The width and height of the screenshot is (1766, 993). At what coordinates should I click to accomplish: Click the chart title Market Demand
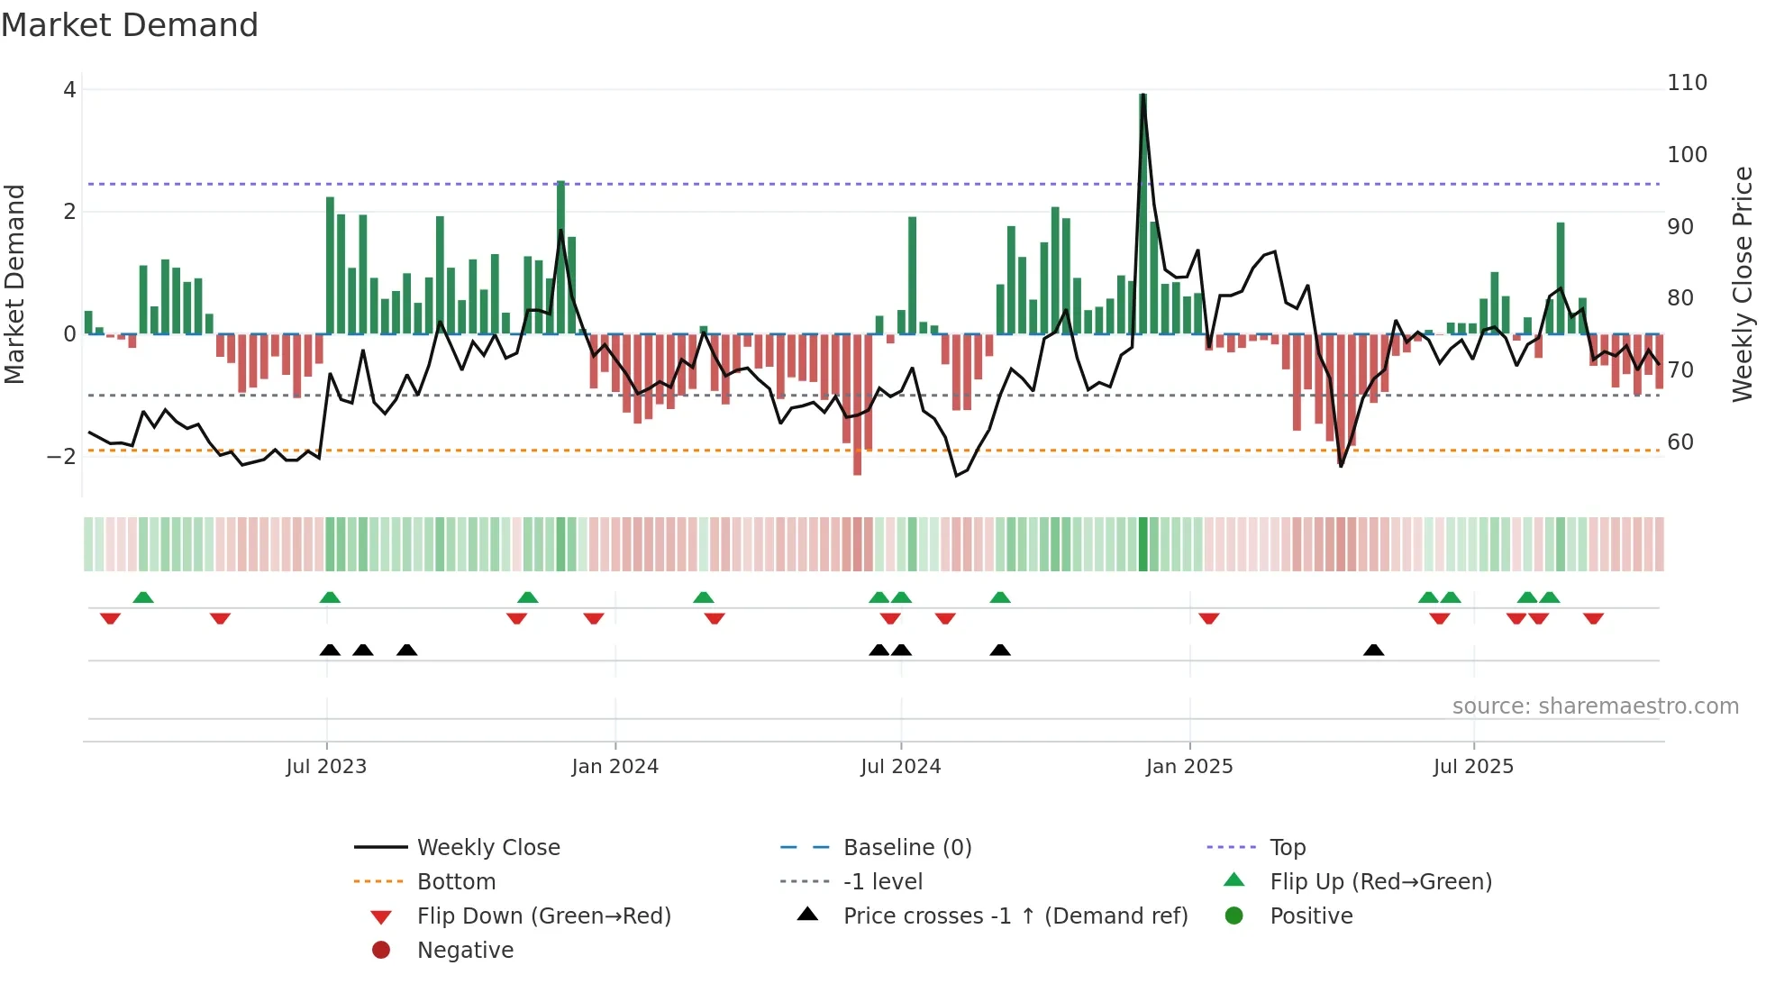tap(130, 25)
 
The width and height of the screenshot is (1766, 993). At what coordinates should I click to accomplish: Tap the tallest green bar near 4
tap(1142, 216)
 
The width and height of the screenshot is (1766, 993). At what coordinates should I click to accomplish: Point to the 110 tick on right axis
tap(1687, 83)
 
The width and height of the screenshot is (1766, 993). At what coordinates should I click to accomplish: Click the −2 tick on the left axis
tap(61, 457)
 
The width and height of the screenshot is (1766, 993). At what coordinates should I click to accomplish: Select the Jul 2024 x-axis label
tap(900, 767)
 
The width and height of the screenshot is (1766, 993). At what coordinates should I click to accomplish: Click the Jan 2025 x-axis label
tap(1188, 767)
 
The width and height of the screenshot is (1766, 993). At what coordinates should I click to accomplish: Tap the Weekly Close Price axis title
tap(1743, 284)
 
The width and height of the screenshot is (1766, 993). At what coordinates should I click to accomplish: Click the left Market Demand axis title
tap(14, 284)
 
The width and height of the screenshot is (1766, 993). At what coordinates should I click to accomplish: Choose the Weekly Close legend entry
tap(487, 848)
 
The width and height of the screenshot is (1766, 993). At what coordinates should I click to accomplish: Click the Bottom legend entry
tap(456, 882)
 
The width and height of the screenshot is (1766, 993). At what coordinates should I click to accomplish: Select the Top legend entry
tap(1287, 848)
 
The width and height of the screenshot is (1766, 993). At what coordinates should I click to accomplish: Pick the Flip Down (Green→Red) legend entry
tap(543, 916)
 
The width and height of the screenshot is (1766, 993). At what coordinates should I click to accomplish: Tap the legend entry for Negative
tap(465, 951)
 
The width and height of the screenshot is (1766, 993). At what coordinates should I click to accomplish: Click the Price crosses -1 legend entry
tap(1015, 916)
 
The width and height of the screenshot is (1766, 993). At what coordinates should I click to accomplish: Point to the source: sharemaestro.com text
tap(1595, 706)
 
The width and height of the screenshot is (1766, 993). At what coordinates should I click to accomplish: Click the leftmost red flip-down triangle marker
tap(110, 618)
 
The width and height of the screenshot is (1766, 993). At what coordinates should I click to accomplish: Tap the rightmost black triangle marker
tap(1373, 650)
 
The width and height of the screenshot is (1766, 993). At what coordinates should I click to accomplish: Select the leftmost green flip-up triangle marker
tap(143, 597)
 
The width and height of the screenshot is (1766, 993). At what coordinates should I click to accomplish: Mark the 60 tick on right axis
tap(1680, 442)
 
